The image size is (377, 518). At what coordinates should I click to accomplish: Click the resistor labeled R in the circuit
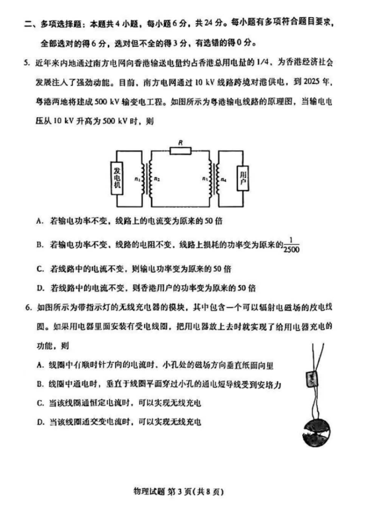click(x=181, y=151)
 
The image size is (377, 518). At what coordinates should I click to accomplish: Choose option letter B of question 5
click(x=40, y=245)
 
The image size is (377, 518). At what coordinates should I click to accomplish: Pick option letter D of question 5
click(x=40, y=288)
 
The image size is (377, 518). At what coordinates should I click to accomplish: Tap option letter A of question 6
click(x=41, y=365)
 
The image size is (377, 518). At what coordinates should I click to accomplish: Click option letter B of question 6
click(x=41, y=384)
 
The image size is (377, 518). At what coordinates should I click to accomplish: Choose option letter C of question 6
click(x=41, y=403)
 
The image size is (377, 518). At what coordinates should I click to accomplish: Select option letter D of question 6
click(x=41, y=422)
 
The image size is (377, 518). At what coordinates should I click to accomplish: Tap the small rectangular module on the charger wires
click(x=309, y=380)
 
